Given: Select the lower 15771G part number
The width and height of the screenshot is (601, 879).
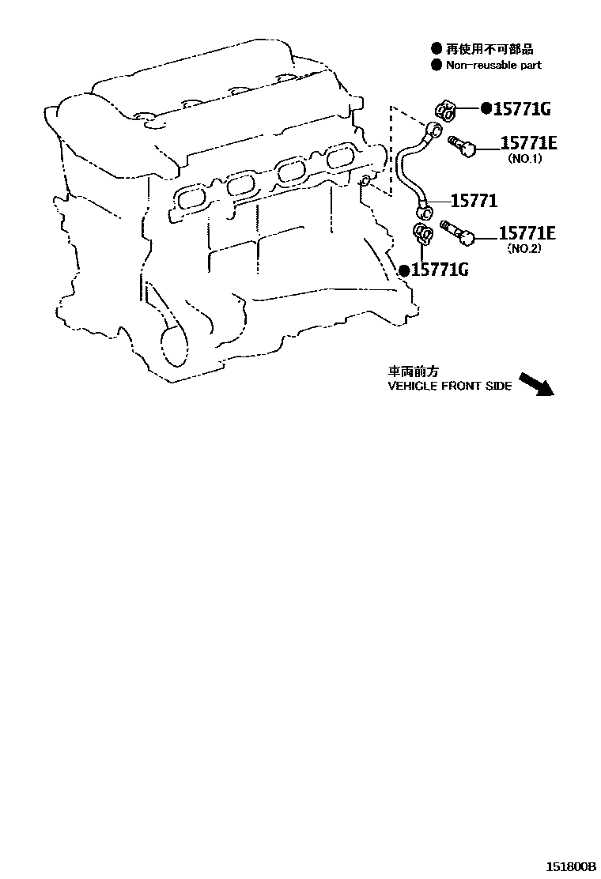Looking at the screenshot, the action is [x=440, y=270].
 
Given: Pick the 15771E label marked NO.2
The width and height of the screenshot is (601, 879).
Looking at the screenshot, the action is [x=527, y=233].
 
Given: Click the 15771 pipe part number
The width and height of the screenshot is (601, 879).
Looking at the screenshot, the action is [x=474, y=202].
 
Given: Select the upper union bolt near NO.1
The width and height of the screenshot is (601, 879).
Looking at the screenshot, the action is [x=461, y=145].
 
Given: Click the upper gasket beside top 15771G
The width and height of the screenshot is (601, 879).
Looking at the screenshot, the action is [x=444, y=111].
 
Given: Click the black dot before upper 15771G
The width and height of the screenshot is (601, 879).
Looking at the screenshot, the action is [x=486, y=108].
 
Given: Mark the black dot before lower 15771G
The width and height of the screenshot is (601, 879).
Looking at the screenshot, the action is [x=404, y=270].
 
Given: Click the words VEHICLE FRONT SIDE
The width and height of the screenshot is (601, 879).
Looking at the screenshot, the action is [x=449, y=387].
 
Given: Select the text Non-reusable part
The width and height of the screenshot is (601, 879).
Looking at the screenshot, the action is [x=494, y=65].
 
